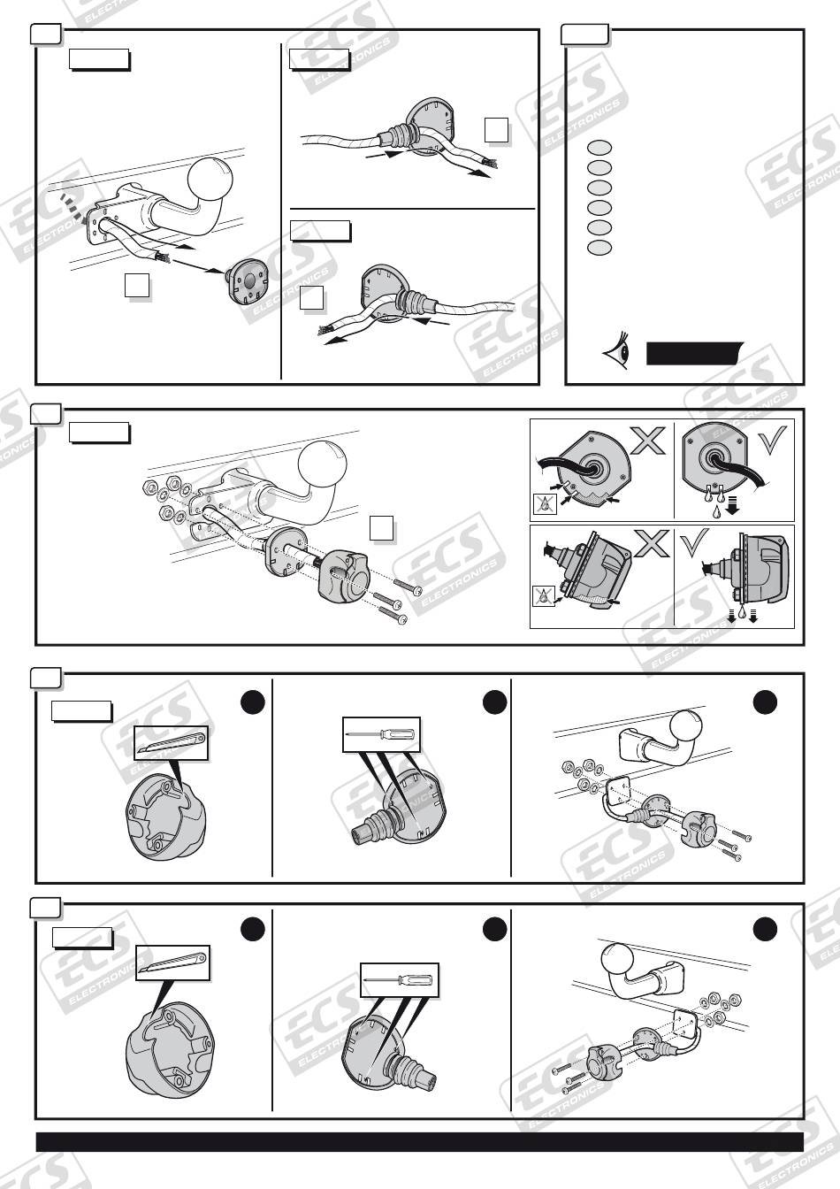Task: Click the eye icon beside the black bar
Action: [617, 352]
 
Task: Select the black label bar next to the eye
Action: [694, 353]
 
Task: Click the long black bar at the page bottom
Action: [419, 1141]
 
